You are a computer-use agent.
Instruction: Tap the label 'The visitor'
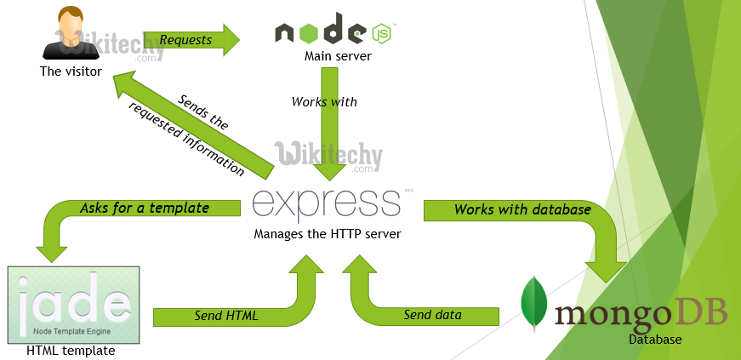71,71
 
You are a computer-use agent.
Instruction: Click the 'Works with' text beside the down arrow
324,101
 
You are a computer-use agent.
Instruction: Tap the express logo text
327,204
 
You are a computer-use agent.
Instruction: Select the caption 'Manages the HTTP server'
327,233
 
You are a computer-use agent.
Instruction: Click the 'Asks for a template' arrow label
144,208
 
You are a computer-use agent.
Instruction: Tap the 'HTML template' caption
71,350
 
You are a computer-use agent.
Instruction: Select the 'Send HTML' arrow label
226,316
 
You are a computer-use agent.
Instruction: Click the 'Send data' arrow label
432,315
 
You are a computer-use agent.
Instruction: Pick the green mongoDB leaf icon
533,303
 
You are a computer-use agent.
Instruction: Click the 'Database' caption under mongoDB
654,340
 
